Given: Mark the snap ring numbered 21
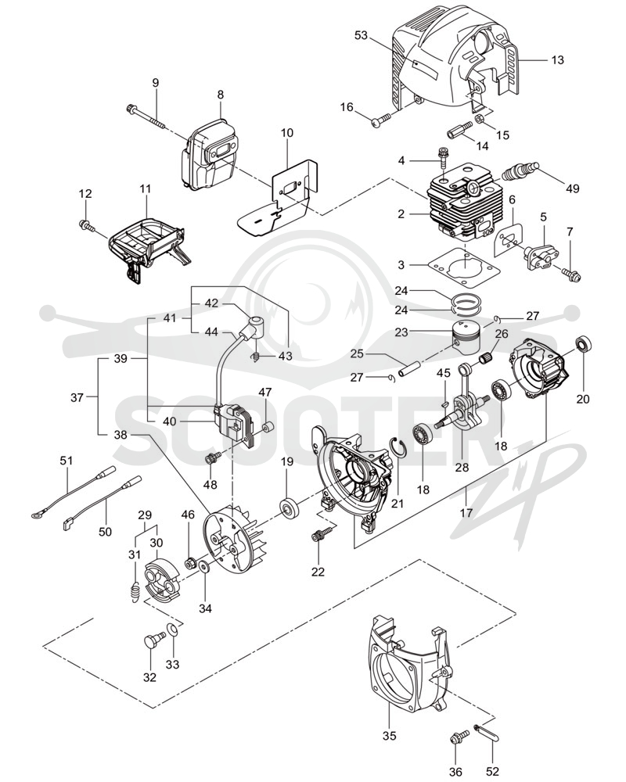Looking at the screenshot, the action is [x=398, y=446].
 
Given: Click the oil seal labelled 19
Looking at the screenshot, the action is [x=290, y=508].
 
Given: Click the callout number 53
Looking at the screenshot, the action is [x=361, y=35].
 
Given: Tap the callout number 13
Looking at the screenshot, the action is [x=558, y=60].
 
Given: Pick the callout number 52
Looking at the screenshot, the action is [x=493, y=772].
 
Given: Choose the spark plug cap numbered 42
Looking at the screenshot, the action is [x=252, y=327].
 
